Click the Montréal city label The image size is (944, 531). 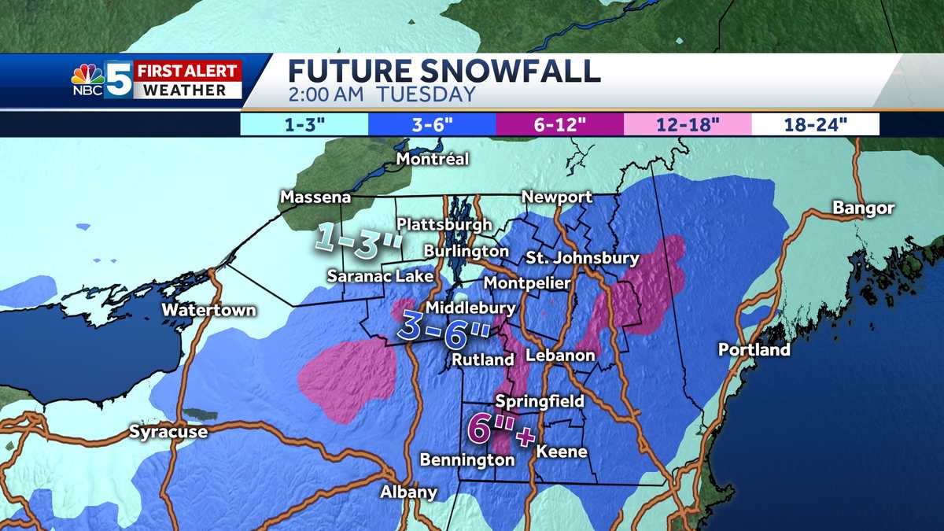click(x=432, y=159)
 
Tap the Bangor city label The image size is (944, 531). click(x=864, y=208)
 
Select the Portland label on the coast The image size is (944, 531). click(x=753, y=349)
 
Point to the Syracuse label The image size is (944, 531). click(x=168, y=431)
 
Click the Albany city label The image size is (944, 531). click(x=407, y=492)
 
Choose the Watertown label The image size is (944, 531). click(x=208, y=310)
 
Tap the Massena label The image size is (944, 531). click(x=314, y=196)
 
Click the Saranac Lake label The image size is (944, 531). click(x=380, y=276)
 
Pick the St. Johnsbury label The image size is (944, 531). click(x=582, y=257)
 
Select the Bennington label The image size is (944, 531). click(x=466, y=459)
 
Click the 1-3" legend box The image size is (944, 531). click(x=304, y=124)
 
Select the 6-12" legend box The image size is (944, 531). click(x=559, y=124)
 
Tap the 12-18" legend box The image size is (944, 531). click(x=687, y=124)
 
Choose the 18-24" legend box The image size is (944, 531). click(x=815, y=124)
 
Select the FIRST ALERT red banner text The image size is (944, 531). click(x=186, y=70)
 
